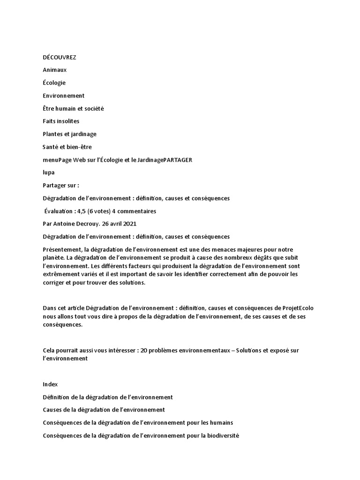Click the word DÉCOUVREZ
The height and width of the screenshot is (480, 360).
59,57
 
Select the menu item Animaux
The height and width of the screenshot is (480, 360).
55,70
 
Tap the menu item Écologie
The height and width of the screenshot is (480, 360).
54,83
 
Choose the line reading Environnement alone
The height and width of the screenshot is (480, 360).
64,96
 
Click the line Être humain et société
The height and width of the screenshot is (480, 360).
73,108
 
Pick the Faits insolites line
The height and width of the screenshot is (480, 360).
61,121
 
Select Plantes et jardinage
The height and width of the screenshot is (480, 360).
69,134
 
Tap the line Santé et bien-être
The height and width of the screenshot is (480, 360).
67,147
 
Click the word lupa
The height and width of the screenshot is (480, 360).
49,172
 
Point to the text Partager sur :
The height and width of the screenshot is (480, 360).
61,185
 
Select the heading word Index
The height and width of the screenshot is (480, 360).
50,384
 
